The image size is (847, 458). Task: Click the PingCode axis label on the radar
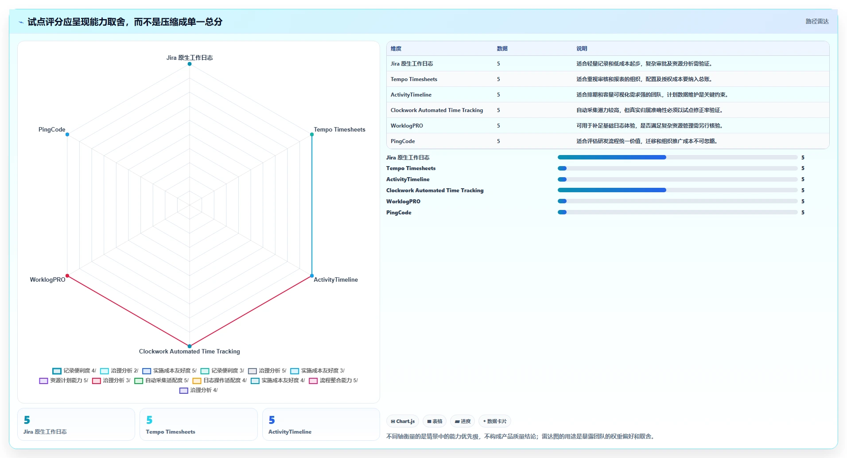click(52, 130)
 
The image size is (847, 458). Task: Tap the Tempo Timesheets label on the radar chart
click(340, 130)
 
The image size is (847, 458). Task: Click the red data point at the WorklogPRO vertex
click(67, 276)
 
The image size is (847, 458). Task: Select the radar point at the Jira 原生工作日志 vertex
click(190, 64)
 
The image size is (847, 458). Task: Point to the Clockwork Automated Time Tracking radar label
click(190, 352)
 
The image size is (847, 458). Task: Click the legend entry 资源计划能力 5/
click(64, 380)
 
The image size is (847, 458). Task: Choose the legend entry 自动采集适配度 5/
click(162, 380)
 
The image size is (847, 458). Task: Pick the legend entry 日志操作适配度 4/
click(220, 380)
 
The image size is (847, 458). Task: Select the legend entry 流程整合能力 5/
click(334, 380)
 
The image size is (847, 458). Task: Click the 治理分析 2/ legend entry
click(119, 371)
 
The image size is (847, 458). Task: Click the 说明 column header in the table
click(582, 49)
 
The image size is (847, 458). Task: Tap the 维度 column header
click(396, 49)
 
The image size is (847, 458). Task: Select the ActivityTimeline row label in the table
click(411, 95)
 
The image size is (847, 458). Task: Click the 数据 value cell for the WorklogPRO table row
click(498, 126)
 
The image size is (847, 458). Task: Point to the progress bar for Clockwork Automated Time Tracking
click(678, 190)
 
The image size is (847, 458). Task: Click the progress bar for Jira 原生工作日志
click(678, 157)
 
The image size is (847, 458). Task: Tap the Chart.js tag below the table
click(403, 421)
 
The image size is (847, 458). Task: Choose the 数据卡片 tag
click(495, 421)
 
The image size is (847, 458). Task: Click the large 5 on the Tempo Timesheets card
click(149, 420)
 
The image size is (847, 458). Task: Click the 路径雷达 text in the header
click(817, 21)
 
